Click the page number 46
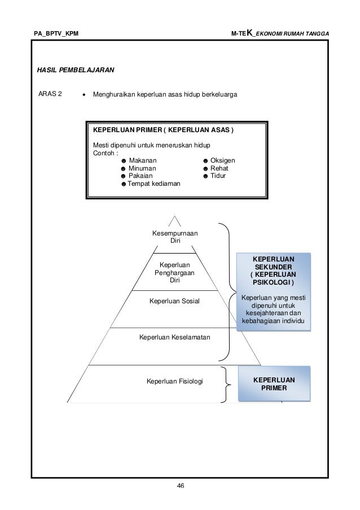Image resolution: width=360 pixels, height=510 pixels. click(x=181, y=486)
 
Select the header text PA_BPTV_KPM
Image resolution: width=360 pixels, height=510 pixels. click(x=56, y=33)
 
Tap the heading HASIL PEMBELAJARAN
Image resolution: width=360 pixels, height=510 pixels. click(x=76, y=70)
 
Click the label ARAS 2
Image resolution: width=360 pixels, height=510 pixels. click(x=50, y=94)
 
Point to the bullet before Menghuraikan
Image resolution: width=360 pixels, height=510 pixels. click(x=84, y=95)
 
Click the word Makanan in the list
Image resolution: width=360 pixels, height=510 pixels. click(x=143, y=160)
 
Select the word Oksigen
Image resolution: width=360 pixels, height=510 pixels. click(x=222, y=160)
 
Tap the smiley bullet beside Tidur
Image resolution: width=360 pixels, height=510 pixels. click(x=205, y=176)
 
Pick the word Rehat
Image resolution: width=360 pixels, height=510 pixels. click(x=219, y=168)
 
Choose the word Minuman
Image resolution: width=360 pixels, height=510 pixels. click(x=142, y=168)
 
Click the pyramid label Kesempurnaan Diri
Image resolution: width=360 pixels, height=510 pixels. click(x=175, y=237)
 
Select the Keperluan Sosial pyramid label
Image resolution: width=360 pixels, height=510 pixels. click(x=174, y=301)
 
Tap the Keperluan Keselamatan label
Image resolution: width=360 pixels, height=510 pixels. click(x=174, y=337)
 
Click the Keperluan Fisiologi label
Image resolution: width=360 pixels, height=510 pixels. click(x=174, y=381)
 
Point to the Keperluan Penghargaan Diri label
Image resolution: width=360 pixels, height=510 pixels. click(x=174, y=273)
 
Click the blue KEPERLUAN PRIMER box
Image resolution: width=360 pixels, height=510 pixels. click(x=274, y=384)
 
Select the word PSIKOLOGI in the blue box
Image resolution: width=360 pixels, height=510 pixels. click(x=273, y=282)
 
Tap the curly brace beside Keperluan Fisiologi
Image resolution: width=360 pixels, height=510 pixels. click(x=226, y=385)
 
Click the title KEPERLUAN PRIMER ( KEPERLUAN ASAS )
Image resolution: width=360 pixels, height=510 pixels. click(x=163, y=130)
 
